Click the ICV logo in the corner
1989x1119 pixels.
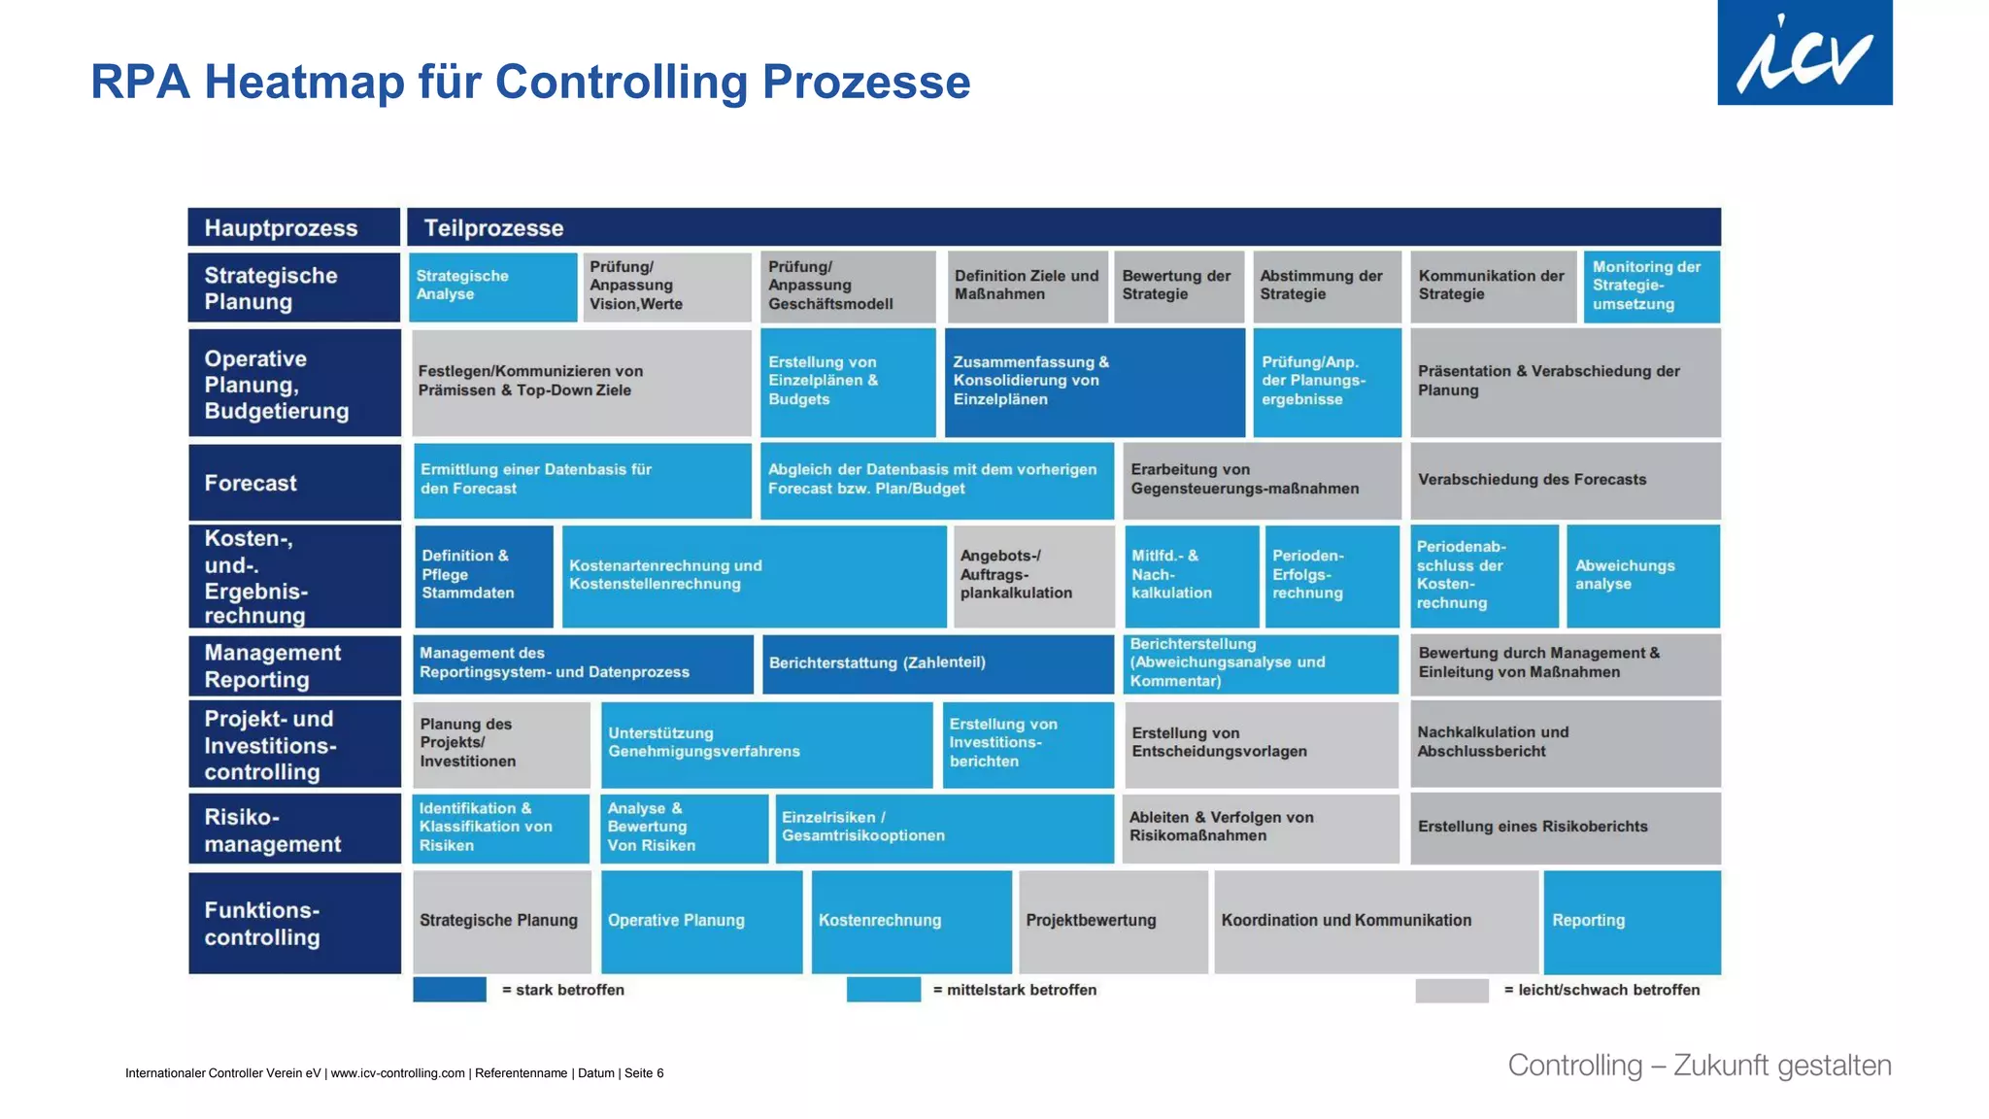pos(1804,52)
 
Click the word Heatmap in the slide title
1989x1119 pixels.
pos(304,82)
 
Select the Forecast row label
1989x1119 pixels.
pos(293,483)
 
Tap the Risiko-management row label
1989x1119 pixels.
pos(293,830)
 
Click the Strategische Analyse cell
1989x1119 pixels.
pos(492,286)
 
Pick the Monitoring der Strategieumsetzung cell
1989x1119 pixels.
pos(1651,286)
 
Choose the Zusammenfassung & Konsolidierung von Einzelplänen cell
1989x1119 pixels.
pos(1094,382)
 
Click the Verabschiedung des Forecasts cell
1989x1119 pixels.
pos(1564,480)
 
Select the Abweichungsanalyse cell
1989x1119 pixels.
pos(1642,575)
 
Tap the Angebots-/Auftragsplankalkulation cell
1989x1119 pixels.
pos(1033,575)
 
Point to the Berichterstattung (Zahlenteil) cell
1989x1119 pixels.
pos(937,663)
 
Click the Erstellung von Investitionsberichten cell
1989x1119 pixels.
pos(1028,743)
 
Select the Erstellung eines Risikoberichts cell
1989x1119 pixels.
pos(1564,827)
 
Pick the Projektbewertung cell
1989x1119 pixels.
pos(1113,921)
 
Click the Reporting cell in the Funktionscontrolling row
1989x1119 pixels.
pos(1632,921)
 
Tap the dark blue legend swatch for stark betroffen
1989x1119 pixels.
pos(450,990)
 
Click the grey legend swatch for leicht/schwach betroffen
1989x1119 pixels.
pos(1451,990)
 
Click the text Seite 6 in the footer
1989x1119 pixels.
pos(644,1073)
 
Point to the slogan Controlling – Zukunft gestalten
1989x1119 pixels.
pos(1699,1066)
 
